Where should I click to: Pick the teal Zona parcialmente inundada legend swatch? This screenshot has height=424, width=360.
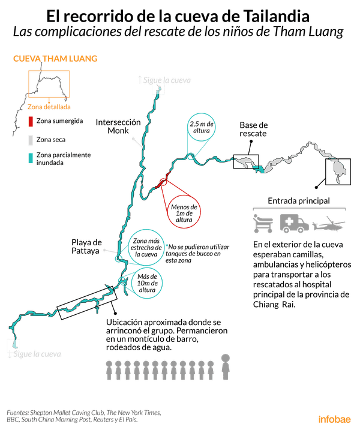click(30, 158)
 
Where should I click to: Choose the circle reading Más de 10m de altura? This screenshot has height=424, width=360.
click(145, 282)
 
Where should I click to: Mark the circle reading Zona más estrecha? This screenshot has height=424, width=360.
click(145, 246)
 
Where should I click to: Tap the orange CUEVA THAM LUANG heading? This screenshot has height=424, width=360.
click(55, 59)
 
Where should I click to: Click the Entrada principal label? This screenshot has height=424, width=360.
click(298, 200)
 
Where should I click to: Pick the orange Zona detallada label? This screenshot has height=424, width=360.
click(49, 107)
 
